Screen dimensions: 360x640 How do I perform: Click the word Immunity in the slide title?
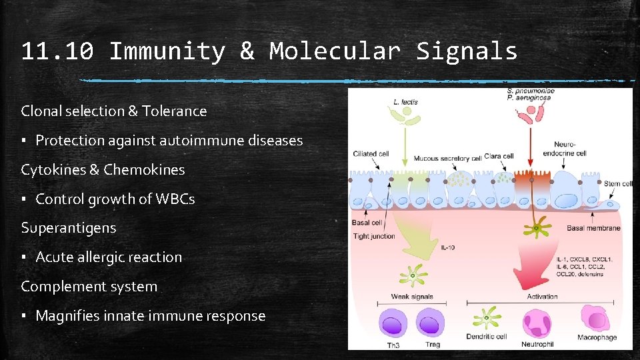[166, 51]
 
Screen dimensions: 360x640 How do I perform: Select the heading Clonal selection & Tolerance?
[114, 111]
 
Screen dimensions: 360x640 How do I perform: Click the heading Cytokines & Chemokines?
[103, 170]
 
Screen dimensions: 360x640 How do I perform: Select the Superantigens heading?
[68, 228]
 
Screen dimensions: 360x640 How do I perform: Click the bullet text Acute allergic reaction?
[108, 257]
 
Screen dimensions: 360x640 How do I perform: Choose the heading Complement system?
[89, 287]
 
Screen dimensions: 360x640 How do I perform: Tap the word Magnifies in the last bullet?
[65, 316]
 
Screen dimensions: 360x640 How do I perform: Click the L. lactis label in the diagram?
[406, 101]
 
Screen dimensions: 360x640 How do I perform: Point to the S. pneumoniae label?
[531, 91]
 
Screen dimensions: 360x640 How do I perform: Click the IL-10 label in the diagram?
[449, 248]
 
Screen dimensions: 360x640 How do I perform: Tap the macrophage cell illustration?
[598, 319]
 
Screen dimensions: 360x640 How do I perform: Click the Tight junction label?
[373, 236]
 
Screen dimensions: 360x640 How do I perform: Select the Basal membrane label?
[593, 228]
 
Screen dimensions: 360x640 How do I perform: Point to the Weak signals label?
[412, 297]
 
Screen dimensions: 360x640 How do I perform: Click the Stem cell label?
[617, 183]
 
